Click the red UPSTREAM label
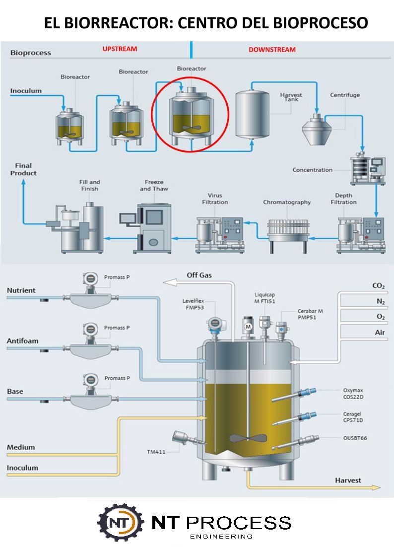pyautogui.click(x=120, y=49)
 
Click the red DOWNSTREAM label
pyautogui.click(x=272, y=50)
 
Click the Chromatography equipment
pyautogui.click(x=287, y=230)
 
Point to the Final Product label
pyautogui.click(x=23, y=169)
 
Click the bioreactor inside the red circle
pyautogui.click(x=190, y=117)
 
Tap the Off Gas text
pyautogui.click(x=199, y=275)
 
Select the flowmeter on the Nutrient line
pyautogui.click(x=90, y=295)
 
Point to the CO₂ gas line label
pyautogui.click(x=379, y=286)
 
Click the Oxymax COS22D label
pyautogui.click(x=354, y=393)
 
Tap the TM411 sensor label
pyautogui.click(x=156, y=452)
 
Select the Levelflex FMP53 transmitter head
pyautogui.click(x=214, y=323)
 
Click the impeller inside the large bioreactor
pyautogui.click(x=247, y=439)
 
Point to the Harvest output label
pyautogui.click(x=348, y=480)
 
